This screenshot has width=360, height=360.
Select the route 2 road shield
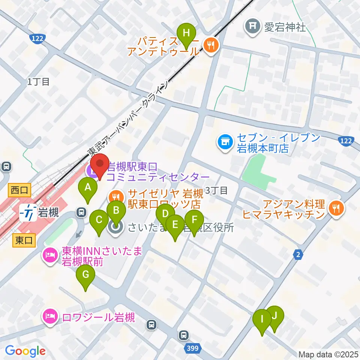point(298,255)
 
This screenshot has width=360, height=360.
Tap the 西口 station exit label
point(19,190)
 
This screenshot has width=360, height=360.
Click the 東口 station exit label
point(24,241)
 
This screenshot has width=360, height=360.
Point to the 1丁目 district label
point(38,82)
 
